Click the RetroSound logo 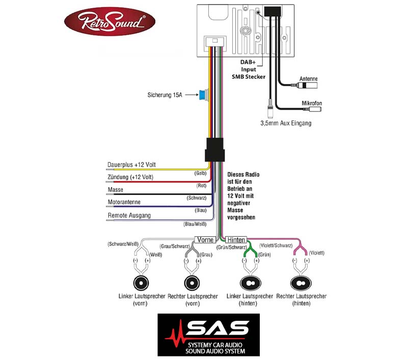tap(110, 21)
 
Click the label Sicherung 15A tap(165, 95)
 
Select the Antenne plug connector tap(307, 85)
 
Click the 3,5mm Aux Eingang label tap(286, 123)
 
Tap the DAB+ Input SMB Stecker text tap(249, 69)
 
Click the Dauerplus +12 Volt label tap(131, 164)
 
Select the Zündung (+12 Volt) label tap(130, 177)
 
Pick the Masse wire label tap(115, 189)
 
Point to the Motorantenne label tap(124, 202)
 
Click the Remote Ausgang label tap(129, 215)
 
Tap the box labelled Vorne tap(205, 239)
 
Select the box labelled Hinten tap(236, 239)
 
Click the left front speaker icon tap(141, 283)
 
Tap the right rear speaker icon tap(301, 283)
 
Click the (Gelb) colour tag tap(200, 173)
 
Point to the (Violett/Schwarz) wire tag tap(276, 245)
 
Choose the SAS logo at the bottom tap(209, 335)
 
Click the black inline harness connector tap(214, 150)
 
